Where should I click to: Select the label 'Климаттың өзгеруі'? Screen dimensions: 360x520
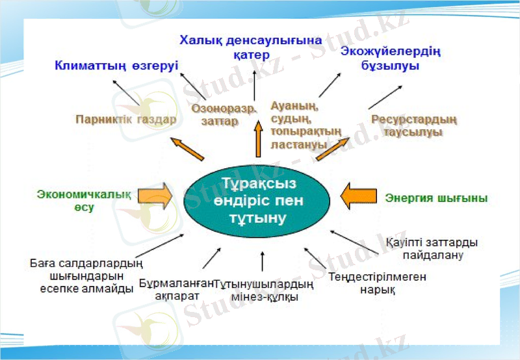coord(116,66)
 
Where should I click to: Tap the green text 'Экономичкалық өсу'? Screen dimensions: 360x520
coord(84,201)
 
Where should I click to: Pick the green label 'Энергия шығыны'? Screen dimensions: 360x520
coord(436,198)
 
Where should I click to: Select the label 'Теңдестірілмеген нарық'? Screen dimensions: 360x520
coord(377,283)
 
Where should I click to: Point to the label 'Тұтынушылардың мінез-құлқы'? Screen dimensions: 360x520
coord(265,290)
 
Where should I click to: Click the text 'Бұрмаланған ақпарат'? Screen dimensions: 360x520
coord(176,289)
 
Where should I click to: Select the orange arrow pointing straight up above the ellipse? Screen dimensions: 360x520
coord(258,140)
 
